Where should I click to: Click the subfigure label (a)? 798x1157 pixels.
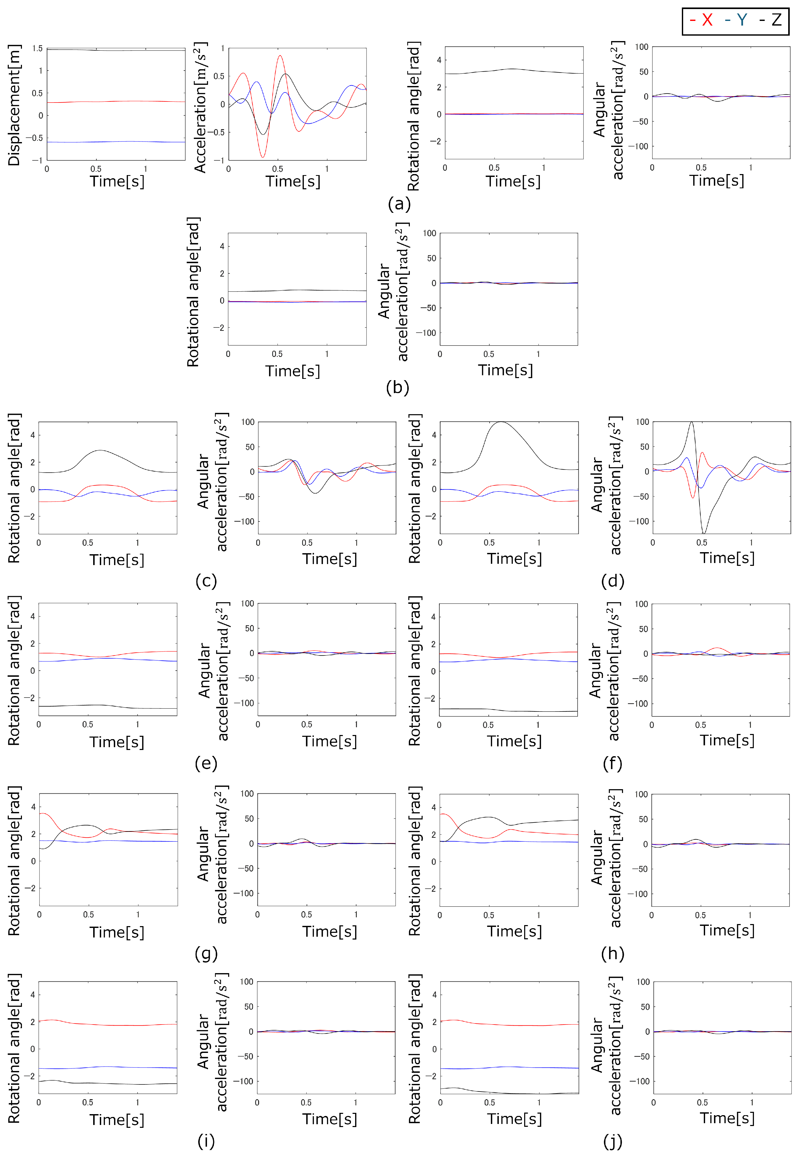click(x=399, y=204)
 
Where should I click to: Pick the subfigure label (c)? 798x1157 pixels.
click(x=206, y=581)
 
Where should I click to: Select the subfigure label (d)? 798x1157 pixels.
click(x=612, y=581)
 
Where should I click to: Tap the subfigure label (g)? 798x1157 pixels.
click(x=206, y=953)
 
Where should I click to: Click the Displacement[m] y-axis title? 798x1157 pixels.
click(x=14, y=105)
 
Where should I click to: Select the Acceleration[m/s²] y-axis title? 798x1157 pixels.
click(x=200, y=107)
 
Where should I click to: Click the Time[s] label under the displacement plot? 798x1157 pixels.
click(x=117, y=181)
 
